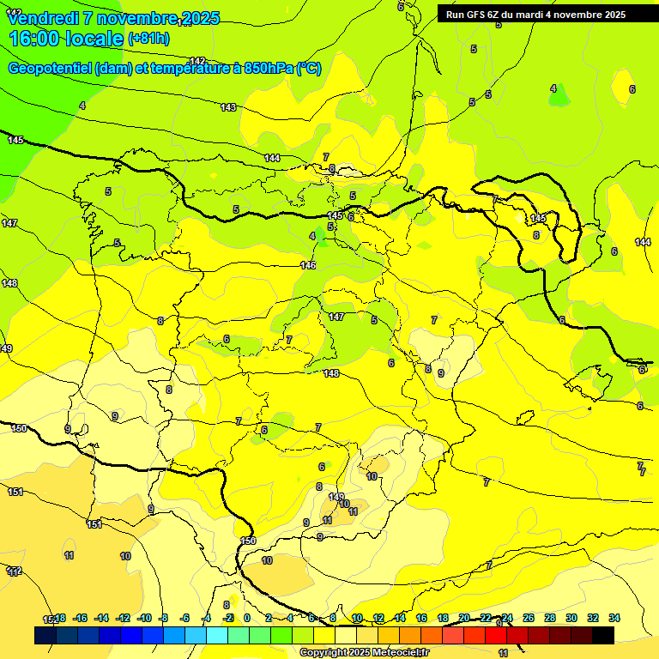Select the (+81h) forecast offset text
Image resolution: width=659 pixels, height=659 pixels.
click(148, 39)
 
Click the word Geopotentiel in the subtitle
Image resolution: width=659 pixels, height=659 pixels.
click(50, 69)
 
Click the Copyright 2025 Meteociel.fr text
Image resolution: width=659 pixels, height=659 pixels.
click(365, 652)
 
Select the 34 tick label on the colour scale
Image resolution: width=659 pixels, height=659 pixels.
click(614, 618)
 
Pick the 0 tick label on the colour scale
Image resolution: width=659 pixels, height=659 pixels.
click(247, 618)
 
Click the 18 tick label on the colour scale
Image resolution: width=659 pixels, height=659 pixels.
click(443, 618)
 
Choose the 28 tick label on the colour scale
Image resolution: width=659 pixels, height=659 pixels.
click(550, 618)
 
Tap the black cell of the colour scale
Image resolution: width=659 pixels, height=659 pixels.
click(603, 635)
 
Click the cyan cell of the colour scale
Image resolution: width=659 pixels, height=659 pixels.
click(217, 635)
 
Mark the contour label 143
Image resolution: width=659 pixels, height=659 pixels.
click(227, 107)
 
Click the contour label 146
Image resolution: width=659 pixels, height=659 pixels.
click(308, 265)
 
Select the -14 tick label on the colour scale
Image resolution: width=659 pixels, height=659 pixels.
click(101, 618)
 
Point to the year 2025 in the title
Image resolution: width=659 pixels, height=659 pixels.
click(201, 18)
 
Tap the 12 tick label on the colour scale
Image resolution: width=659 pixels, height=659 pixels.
click(378, 618)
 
